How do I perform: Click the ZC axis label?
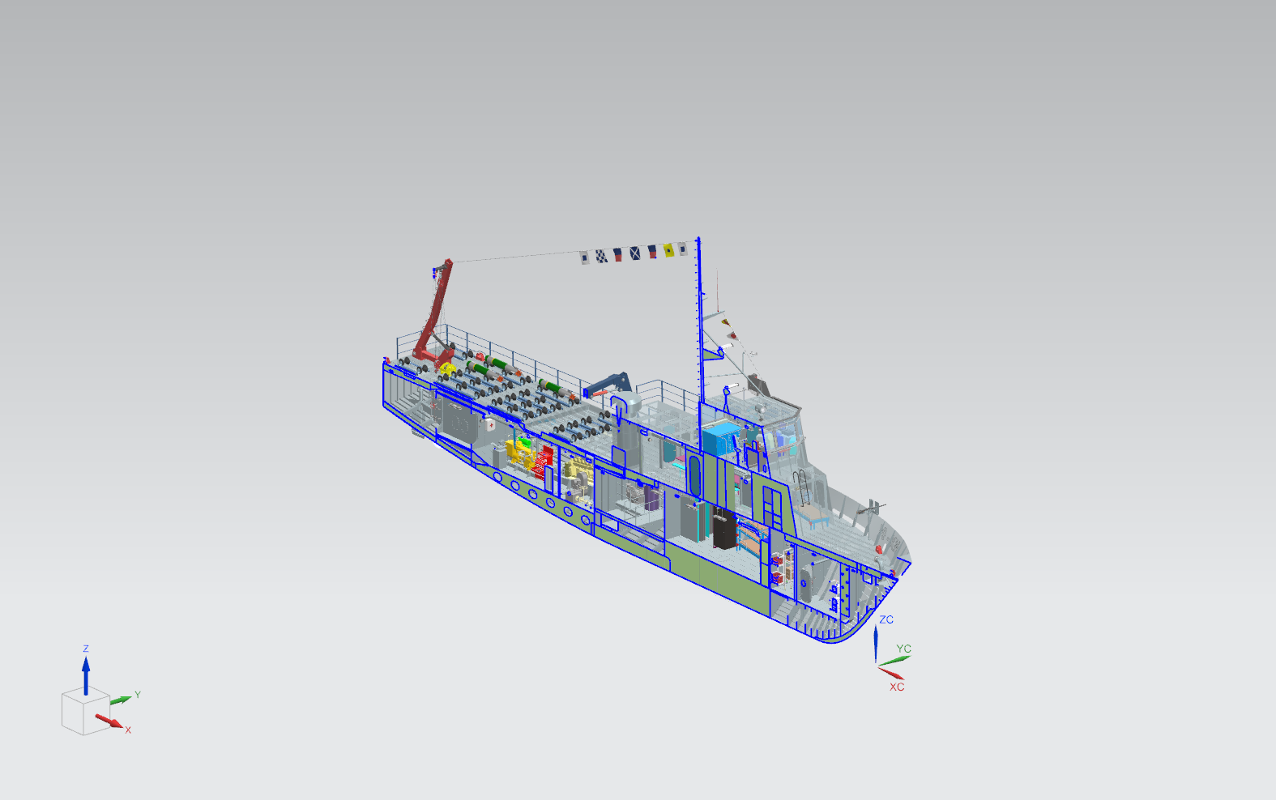(x=886, y=619)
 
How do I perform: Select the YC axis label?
(x=903, y=649)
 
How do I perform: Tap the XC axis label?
(x=897, y=687)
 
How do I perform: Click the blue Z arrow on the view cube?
(x=86, y=676)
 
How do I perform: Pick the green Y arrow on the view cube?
(x=121, y=700)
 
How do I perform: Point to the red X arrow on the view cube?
(x=109, y=721)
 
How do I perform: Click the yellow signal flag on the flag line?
(x=668, y=250)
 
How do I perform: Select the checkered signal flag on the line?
(x=601, y=256)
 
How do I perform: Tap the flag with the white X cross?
(x=635, y=253)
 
